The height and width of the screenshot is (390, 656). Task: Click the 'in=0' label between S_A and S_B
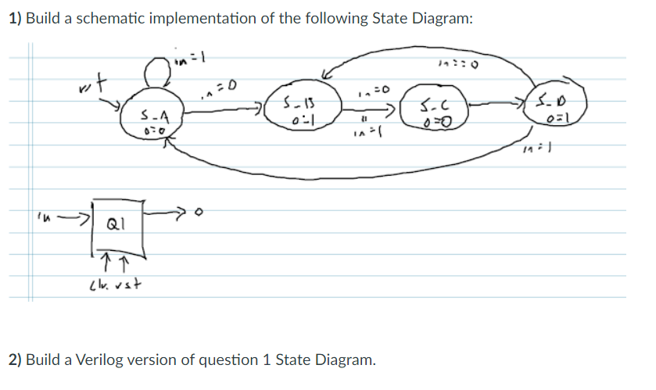[x=216, y=82]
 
